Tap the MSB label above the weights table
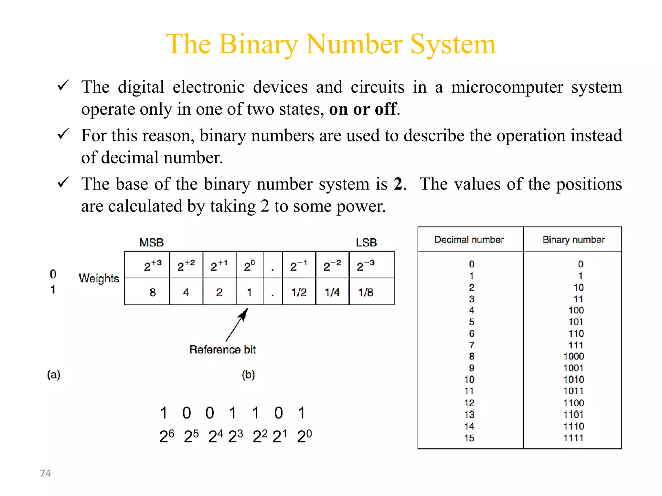(151, 243)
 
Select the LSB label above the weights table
(366, 243)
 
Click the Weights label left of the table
(99, 278)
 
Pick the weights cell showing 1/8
(366, 292)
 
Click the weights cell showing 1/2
(299, 292)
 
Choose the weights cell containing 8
(153, 292)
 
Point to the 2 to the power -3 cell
(366, 266)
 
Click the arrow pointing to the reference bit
(237, 324)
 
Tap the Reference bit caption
(222, 349)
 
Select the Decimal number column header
(469, 240)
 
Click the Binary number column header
(573, 240)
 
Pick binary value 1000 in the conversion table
(574, 356)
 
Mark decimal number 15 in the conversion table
(469, 438)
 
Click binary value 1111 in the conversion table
(574, 438)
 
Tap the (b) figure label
(248, 375)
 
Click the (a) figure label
(54, 375)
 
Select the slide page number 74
(45, 473)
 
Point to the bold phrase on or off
(362, 109)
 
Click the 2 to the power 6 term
(167, 436)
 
